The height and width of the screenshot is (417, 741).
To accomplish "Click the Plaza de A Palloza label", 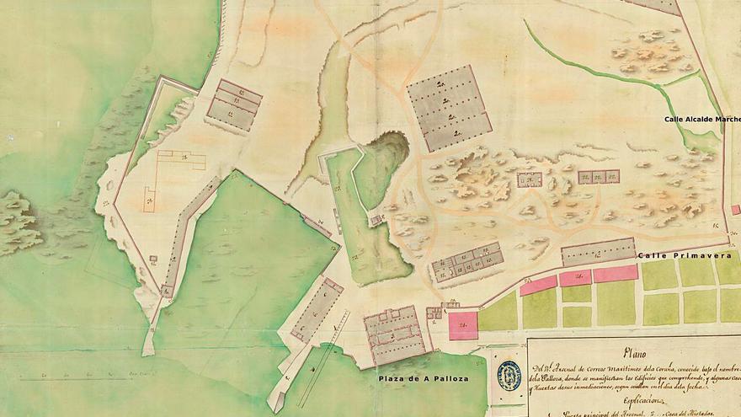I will click(x=422, y=379).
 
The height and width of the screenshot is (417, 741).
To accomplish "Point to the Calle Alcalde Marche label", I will click(x=701, y=120).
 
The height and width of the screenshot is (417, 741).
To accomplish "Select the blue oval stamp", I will click(x=511, y=376).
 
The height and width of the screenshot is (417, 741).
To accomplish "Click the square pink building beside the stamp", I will click(x=463, y=325).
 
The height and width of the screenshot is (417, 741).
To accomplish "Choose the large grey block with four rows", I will click(x=448, y=108).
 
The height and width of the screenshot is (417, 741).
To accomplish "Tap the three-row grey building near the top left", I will click(x=233, y=104).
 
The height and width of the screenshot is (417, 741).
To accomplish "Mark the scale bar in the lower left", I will click(x=84, y=371).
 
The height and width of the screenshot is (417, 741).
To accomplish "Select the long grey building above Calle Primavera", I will click(x=599, y=251).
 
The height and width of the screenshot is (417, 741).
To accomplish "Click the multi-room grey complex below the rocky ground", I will click(x=467, y=263).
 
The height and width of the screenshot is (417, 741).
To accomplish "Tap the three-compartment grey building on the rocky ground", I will click(x=599, y=177).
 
